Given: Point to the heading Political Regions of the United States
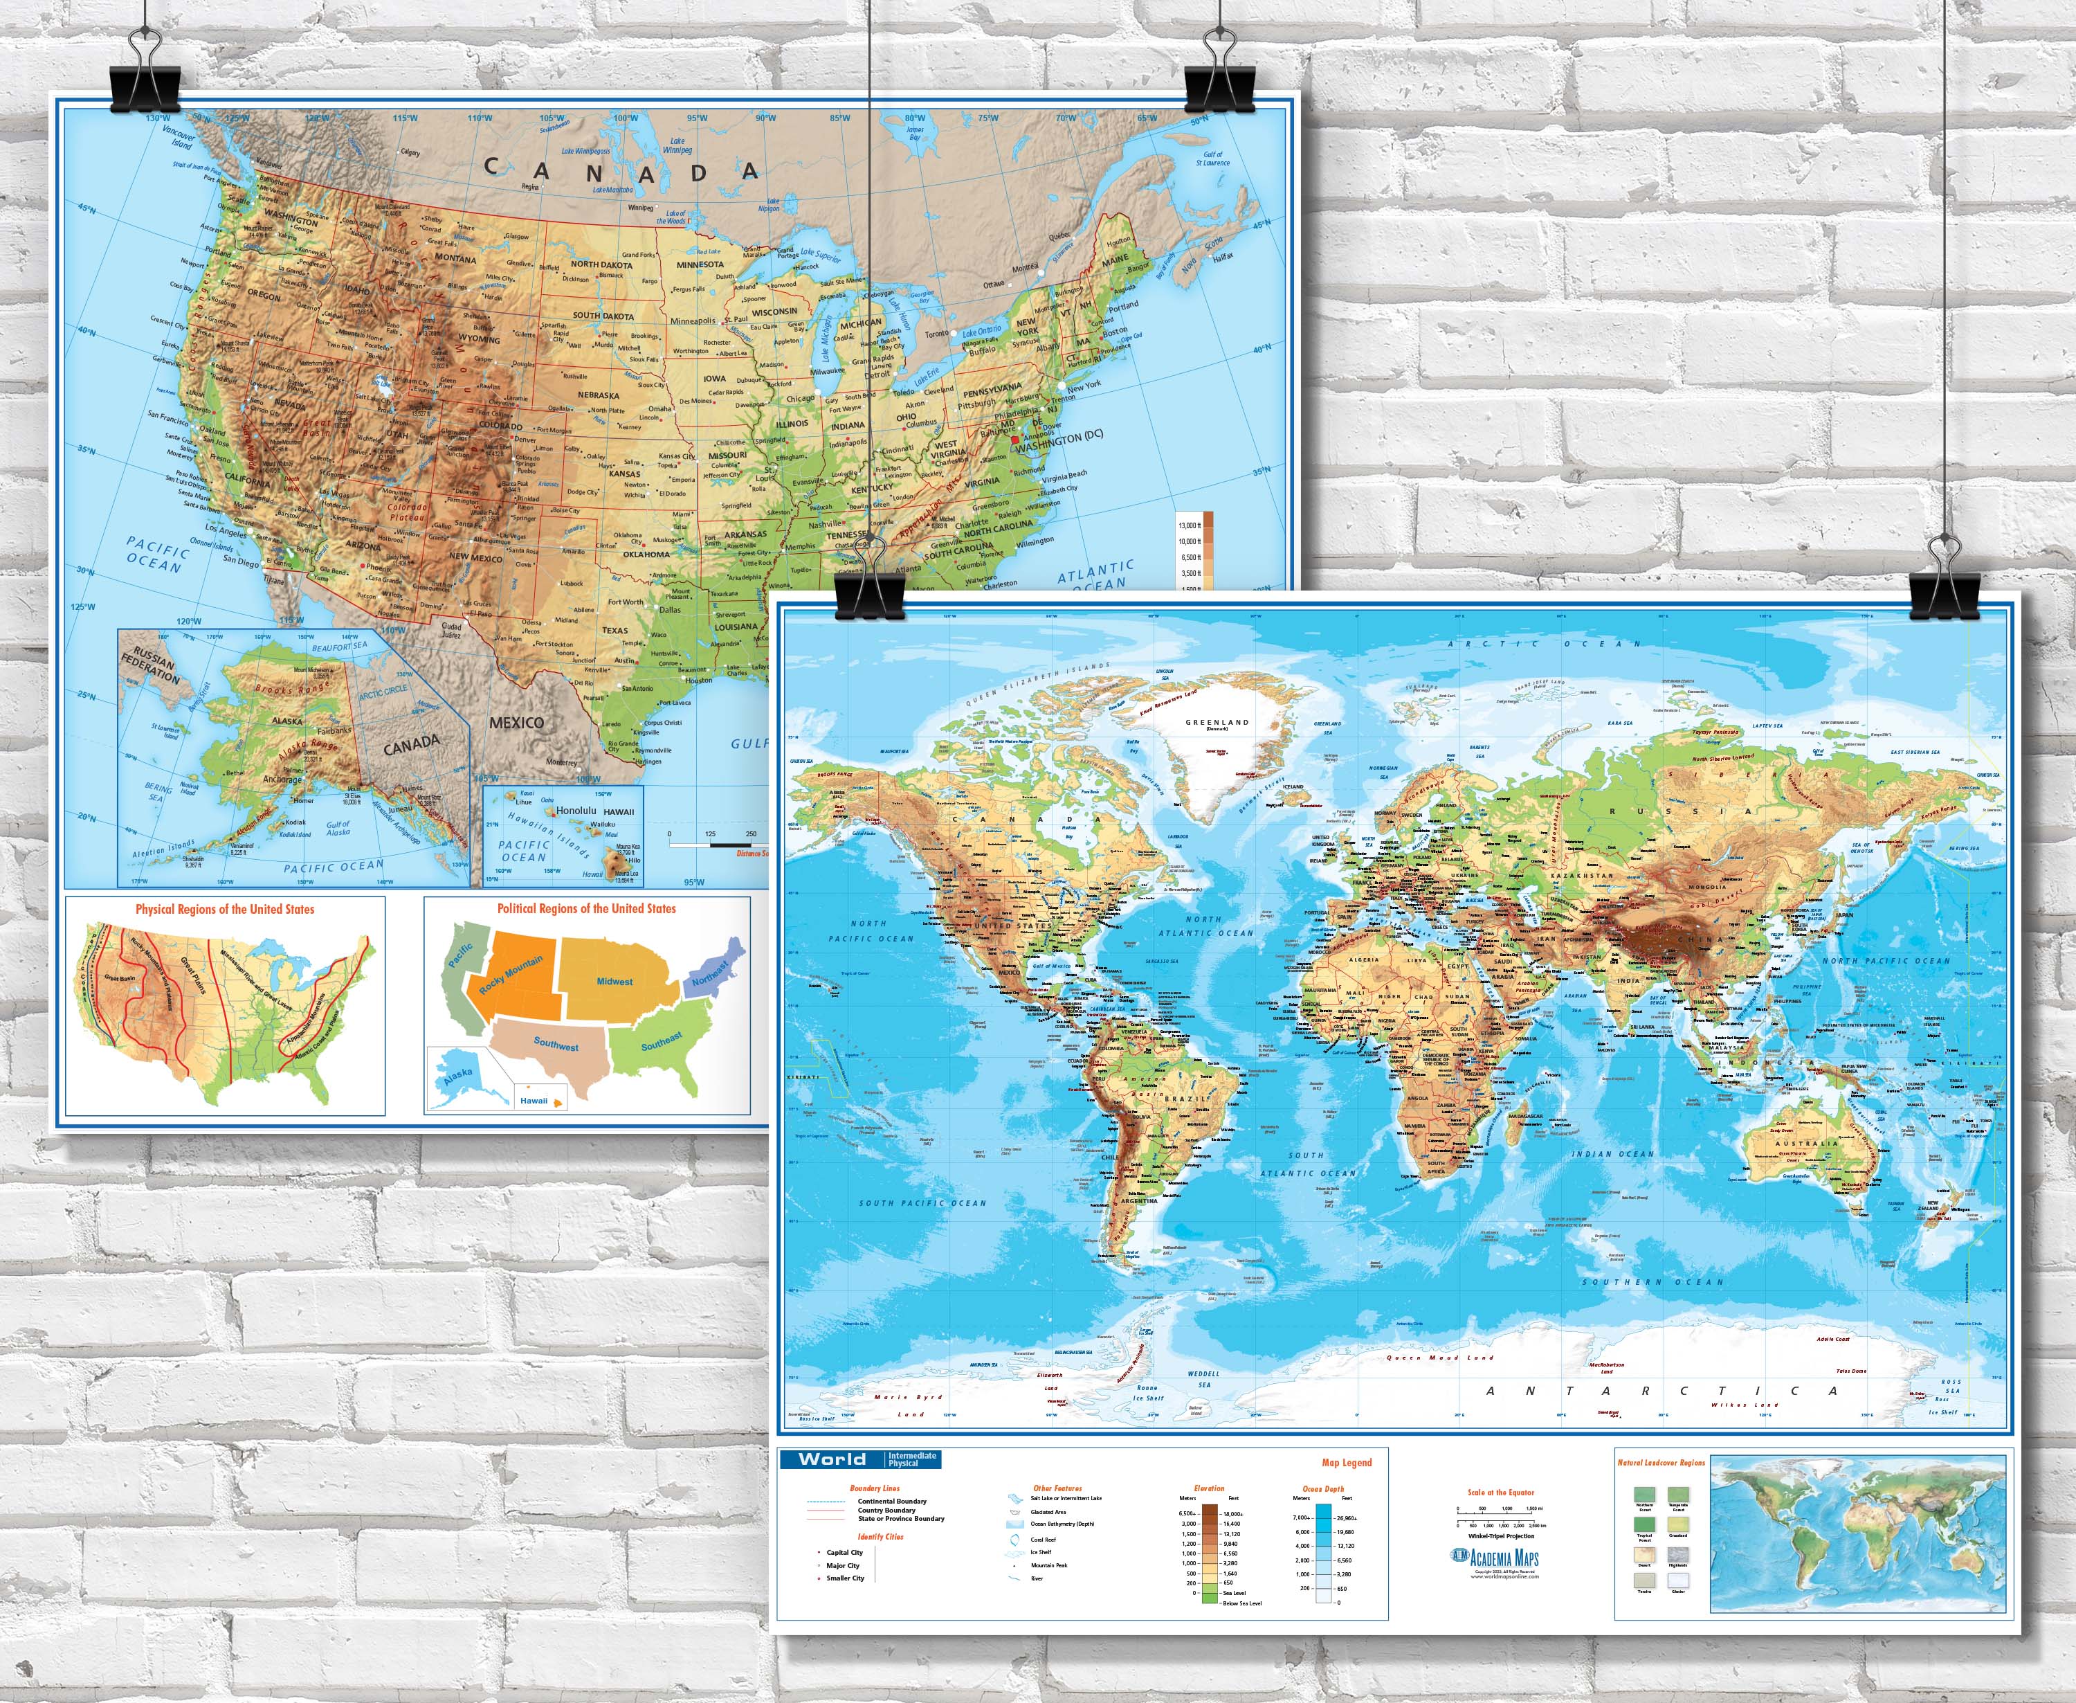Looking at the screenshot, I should (586, 908).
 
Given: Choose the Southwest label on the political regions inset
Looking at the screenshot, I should (556, 1044).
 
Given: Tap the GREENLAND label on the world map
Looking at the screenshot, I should (1217, 723).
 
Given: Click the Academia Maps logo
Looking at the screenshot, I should (1495, 1558).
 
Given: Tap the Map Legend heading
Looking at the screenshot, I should (1347, 1463).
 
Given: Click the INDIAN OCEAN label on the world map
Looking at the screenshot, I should (1612, 1155).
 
